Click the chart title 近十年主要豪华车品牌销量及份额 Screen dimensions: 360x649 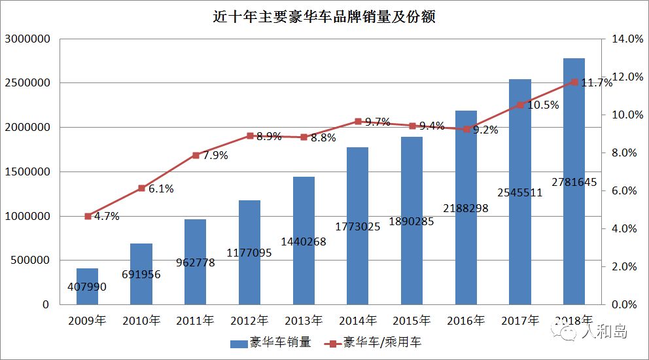click(324, 16)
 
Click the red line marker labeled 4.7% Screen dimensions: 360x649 click(87, 216)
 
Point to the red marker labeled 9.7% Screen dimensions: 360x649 click(357, 121)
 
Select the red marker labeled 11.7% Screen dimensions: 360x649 click(574, 82)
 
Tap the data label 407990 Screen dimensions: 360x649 click(86, 287)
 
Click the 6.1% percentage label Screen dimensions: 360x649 click(161, 189)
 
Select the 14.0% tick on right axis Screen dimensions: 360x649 click(627, 39)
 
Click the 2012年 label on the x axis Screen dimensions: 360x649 click(249, 321)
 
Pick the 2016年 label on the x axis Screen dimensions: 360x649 click(465, 321)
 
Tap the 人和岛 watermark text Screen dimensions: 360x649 click(605, 333)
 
